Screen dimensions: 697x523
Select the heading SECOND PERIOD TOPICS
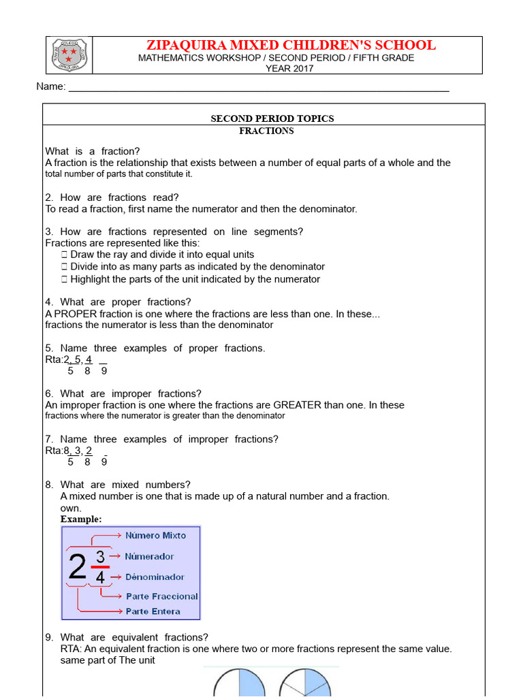272,118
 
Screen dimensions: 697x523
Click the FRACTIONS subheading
266,131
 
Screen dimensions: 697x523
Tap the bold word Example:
81,519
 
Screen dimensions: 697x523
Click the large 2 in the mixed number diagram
78,566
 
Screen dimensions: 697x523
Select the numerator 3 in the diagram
100,557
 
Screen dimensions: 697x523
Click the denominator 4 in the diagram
100,577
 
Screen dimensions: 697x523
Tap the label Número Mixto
155,536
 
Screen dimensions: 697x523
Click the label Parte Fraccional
161,596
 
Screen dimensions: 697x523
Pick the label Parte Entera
153,611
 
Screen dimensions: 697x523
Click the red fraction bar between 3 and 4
100,566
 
